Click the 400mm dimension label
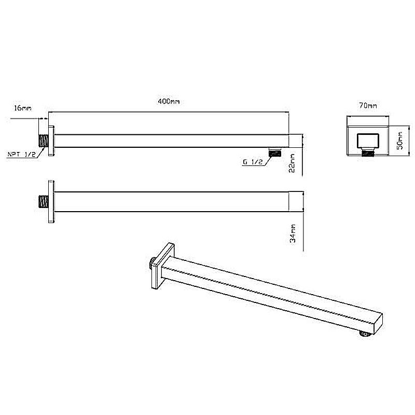point(169,101)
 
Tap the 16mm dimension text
point(22,108)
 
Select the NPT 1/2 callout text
point(21,154)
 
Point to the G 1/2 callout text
point(253,162)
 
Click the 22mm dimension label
point(292,163)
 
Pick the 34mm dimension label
point(293,233)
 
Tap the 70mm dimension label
point(368,105)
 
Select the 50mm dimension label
point(400,141)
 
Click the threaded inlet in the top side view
point(44,141)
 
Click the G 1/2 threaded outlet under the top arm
point(275,153)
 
